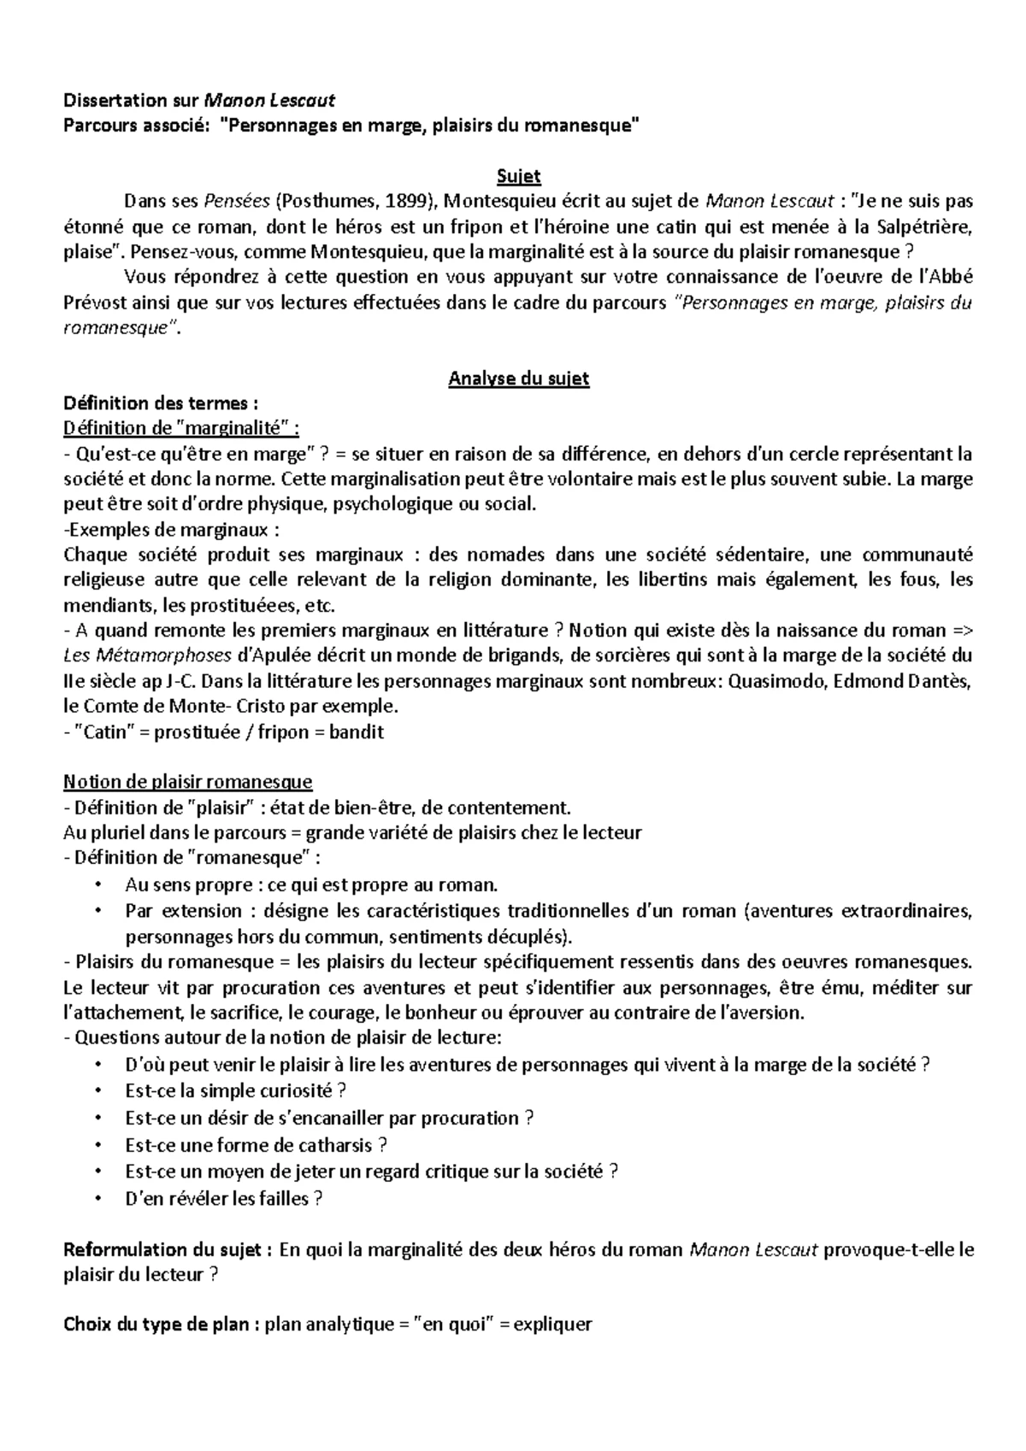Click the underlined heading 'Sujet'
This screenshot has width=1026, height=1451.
(x=518, y=177)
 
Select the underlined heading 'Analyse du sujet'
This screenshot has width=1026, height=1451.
(x=518, y=379)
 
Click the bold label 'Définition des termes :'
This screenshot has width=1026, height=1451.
(x=161, y=403)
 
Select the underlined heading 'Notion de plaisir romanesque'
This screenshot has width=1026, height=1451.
(x=188, y=782)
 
